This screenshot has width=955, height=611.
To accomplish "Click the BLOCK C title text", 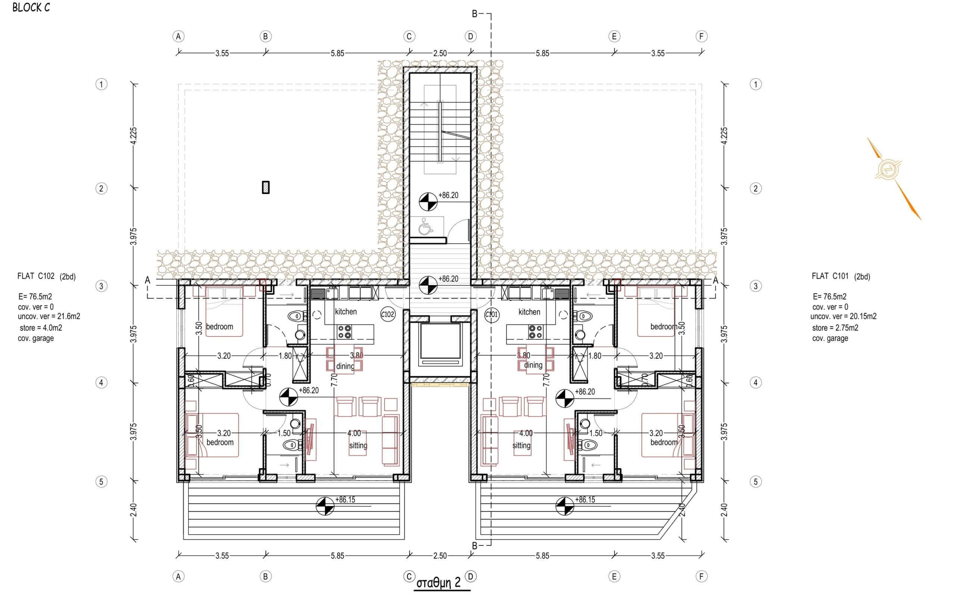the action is (31, 7).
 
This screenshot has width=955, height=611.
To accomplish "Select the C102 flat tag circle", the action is (388, 314).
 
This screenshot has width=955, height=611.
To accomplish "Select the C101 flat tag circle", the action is (492, 314).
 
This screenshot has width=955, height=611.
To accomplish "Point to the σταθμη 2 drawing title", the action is (438, 583).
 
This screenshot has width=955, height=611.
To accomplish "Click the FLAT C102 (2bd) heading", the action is (46, 276).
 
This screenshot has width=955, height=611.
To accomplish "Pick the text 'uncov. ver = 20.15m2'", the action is (843, 316).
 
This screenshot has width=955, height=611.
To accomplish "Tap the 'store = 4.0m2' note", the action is (41, 328).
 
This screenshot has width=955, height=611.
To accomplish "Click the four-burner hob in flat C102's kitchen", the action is (344, 332).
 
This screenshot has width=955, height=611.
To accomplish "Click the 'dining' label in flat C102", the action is (345, 366).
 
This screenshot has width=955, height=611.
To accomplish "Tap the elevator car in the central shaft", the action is (440, 344).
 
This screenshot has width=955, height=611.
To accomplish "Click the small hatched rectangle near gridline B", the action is (266, 187).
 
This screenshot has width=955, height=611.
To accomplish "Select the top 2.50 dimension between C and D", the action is (440, 53).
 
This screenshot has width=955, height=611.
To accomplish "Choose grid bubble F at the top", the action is (701, 37).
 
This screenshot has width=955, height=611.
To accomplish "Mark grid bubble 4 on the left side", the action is (101, 382).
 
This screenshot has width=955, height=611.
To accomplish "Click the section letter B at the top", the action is (475, 14).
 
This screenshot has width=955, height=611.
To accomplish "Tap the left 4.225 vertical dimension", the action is (134, 136).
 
